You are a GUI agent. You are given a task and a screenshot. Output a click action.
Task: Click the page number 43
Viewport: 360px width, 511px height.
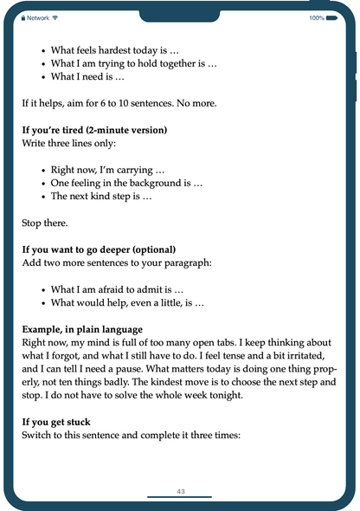(180, 491)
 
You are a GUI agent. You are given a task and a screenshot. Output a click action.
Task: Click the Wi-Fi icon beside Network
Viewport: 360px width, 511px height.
(55, 17)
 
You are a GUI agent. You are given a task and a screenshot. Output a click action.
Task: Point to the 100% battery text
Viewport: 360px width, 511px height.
(317, 17)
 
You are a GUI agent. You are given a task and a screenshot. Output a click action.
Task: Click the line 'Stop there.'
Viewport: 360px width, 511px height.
(44, 223)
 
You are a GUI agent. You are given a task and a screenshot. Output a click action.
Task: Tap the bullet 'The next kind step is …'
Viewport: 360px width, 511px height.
(101, 196)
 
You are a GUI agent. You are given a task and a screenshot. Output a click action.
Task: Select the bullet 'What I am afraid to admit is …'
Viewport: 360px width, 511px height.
(130, 289)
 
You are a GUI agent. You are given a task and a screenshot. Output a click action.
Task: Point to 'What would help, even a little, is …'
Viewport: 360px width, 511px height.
(127, 303)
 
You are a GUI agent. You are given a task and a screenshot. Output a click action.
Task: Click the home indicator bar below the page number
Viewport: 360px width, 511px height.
(180, 497)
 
